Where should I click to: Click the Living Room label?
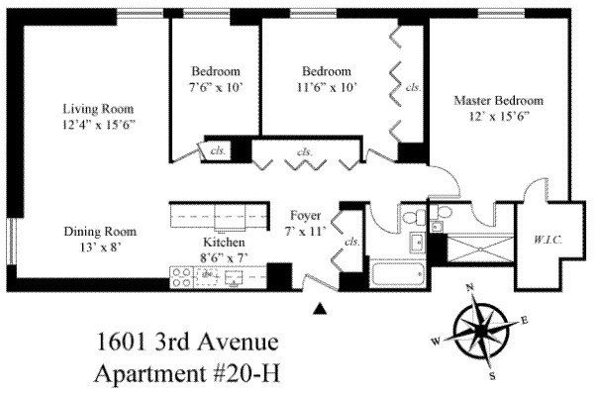97,108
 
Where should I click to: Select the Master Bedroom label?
498,100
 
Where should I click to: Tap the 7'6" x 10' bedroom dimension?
216,87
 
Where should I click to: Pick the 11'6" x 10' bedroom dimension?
326,87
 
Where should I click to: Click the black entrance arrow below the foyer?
319,309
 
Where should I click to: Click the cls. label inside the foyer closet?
350,241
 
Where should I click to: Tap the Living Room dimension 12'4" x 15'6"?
97,124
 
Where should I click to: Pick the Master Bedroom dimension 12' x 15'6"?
498,116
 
